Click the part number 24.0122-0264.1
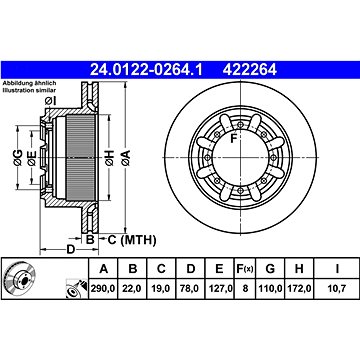[x=146, y=70]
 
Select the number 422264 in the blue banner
[x=250, y=70]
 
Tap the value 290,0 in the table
[x=103, y=288]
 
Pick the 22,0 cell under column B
[x=133, y=288]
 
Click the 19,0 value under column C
[x=161, y=288]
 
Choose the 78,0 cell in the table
[x=191, y=288]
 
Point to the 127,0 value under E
[x=219, y=288]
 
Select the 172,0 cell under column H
[x=299, y=288]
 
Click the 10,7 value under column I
[x=337, y=288]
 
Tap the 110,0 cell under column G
[x=270, y=288]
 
